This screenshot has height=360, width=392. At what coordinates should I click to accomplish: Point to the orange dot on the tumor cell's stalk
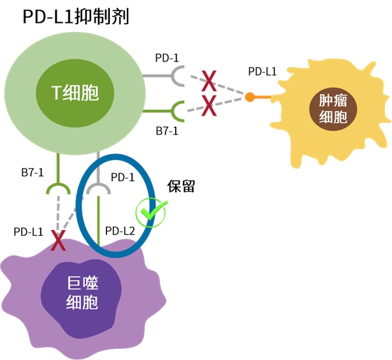pyautogui.click(x=250, y=97)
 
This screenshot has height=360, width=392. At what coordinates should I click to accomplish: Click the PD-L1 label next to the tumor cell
pyautogui.click(x=262, y=71)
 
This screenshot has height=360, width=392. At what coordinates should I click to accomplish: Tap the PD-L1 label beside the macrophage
pyautogui.click(x=28, y=231)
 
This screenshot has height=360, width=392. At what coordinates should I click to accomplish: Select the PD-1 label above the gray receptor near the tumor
pyautogui.click(x=167, y=57)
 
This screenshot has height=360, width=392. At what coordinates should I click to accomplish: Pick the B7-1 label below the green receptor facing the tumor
pyautogui.click(x=167, y=131)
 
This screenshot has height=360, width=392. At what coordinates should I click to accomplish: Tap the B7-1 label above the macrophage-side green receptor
pyautogui.click(x=28, y=172)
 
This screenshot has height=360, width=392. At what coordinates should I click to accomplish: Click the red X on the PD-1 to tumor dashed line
pyautogui.click(x=208, y=82)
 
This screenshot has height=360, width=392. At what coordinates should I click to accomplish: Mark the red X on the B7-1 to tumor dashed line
pyautogui.click(x=208, y=104)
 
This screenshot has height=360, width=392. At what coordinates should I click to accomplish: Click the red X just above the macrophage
pyautogui.click(x=59, y=241)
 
